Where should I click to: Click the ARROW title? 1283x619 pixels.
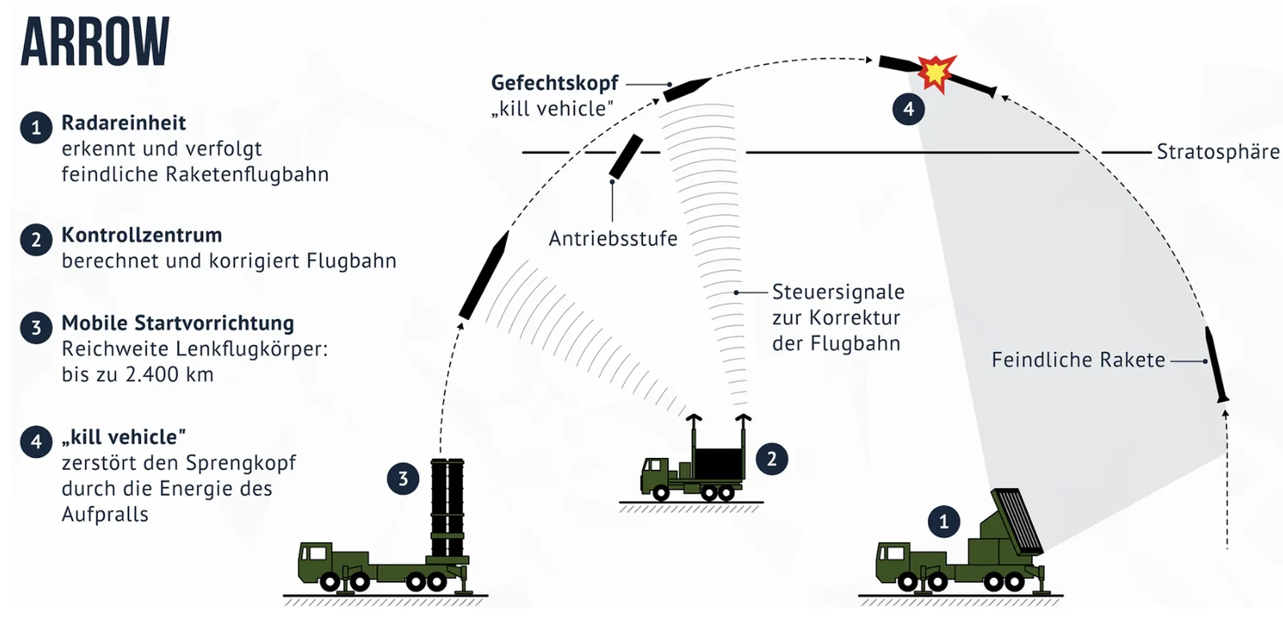point(95,41)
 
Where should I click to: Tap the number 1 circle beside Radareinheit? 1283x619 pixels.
point(36,127)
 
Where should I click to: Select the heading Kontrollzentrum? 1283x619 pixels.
point(142,235)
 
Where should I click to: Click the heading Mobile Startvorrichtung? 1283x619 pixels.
point(178,323)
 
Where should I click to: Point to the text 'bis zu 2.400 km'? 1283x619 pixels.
point(137,374)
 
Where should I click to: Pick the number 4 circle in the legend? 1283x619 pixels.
point(36,442)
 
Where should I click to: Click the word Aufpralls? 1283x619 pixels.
point(105,514)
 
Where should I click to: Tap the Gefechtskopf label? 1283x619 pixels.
point(554,83)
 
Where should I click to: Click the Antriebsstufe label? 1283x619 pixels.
point(613,238)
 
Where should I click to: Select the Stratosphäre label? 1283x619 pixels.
point(1218,152)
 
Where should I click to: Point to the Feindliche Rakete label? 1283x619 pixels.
point(1079,359)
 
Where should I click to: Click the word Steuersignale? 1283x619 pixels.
point(839,292)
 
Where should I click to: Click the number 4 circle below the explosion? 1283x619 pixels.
point(909,109)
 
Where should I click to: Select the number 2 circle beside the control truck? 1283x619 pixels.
point(771,459)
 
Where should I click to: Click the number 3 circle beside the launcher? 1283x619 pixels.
point(403,478)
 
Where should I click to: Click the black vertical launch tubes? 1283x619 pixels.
point(447,508)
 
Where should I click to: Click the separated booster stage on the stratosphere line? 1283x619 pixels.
point(625,157)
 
